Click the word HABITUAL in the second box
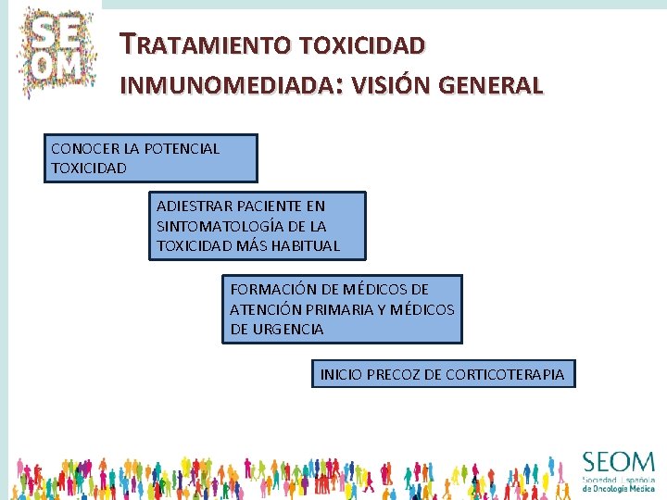tap(307, 246)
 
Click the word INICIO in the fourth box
tap(340, 374)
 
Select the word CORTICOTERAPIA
tap(504, 374)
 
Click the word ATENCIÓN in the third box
tap(261, 308)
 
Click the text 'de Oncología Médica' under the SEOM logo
tap(618, 489)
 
